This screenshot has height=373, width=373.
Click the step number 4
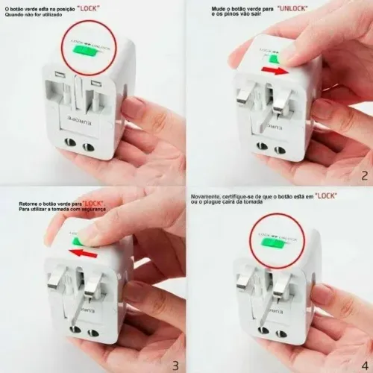pyautogui.click(x=363, y=365)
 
